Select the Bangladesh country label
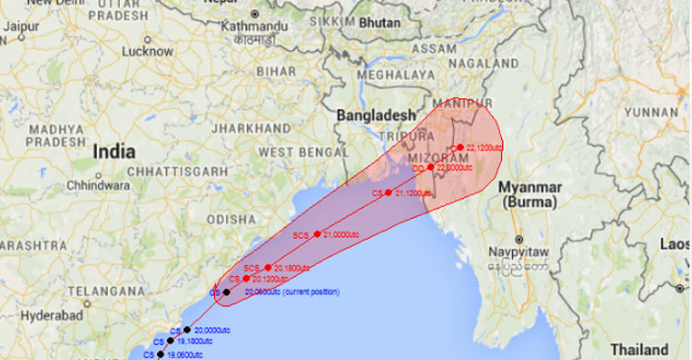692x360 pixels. coord(376,114)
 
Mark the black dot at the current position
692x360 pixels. coord(226,292)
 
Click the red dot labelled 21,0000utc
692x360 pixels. coord(316,234)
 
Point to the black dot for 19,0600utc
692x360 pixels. coord(161,354)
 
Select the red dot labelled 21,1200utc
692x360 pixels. coord(388,193)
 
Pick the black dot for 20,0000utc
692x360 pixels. coord(187,330)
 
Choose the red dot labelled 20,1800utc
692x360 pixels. coord(268,268)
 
